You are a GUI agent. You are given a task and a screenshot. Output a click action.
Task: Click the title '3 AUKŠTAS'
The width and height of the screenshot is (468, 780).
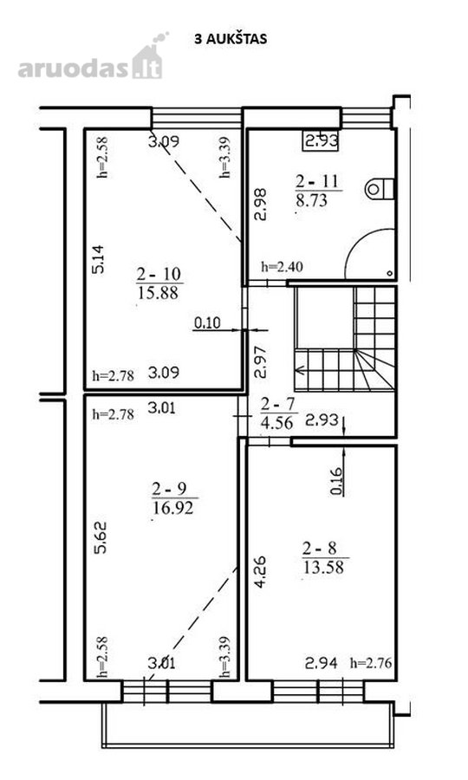231,39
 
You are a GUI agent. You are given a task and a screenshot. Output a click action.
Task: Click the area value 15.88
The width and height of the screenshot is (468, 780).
158,292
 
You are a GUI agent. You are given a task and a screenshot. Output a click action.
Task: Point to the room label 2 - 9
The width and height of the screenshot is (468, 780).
170,490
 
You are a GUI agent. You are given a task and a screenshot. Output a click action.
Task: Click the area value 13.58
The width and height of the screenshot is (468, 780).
323,567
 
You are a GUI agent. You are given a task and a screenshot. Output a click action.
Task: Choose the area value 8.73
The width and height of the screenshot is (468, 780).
312,200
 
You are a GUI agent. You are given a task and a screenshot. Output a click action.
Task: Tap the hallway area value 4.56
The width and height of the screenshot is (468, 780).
276,422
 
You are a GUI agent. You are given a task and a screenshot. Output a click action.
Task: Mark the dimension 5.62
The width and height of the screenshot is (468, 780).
100,537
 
